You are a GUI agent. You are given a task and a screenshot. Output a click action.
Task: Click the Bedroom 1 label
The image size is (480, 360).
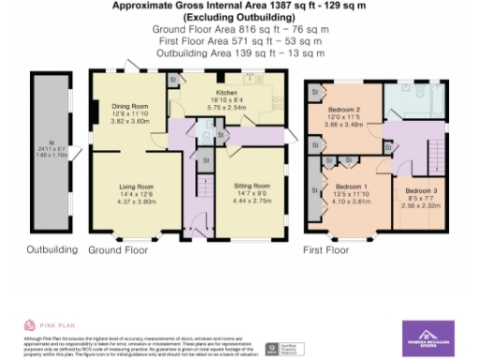(x=348, y=187)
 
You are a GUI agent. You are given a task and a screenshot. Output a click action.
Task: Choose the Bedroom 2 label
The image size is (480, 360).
(x=346, y=112)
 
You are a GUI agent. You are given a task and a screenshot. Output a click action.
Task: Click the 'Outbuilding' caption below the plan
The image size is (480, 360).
(x=52, y=251)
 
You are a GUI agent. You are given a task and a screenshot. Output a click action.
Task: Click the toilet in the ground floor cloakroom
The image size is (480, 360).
(x=208, y=138)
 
